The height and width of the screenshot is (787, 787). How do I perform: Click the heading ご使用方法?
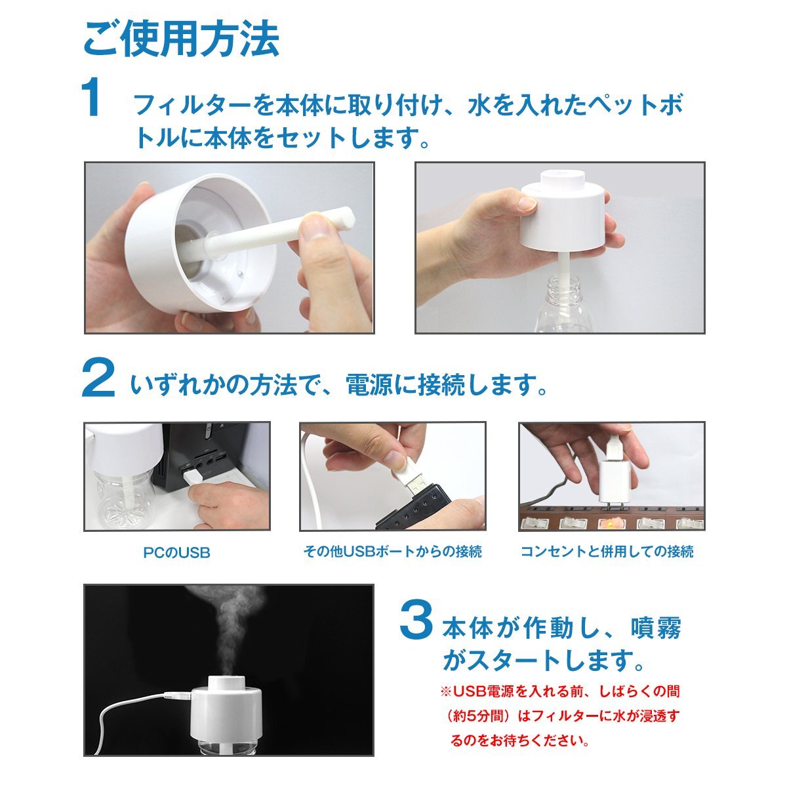coord(181,39)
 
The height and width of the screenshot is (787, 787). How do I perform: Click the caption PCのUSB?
coord(177,553)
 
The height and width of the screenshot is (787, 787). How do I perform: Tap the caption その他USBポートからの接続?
coord(392,552)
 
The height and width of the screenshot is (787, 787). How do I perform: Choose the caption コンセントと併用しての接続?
coord(607,552)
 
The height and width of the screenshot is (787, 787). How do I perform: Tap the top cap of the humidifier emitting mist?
coord(227,687)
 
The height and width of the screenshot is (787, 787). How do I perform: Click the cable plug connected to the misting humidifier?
coord(176,695)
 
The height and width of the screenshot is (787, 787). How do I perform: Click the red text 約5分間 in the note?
coord(477,716)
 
